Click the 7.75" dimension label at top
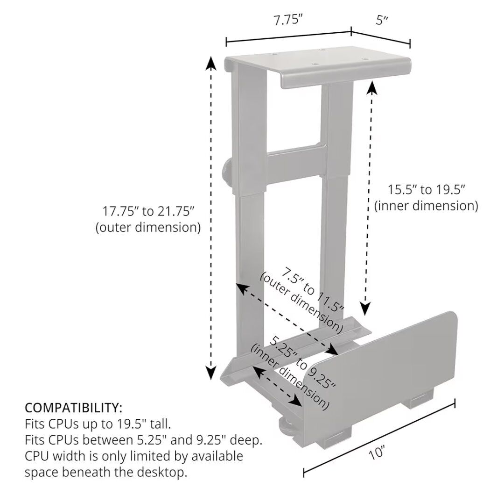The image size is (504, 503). click(288, 20)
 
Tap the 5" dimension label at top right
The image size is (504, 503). click(382, 20)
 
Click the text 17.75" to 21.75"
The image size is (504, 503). click(148, 211)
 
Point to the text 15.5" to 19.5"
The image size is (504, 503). click(427, 190)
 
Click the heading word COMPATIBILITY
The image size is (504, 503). click(73, 408)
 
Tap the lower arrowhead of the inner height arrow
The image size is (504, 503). click(366, 307)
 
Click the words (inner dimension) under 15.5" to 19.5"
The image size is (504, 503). click(426, 206)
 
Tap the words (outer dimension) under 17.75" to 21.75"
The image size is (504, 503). click(148, 227)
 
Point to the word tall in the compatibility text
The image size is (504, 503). click(160, 424)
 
